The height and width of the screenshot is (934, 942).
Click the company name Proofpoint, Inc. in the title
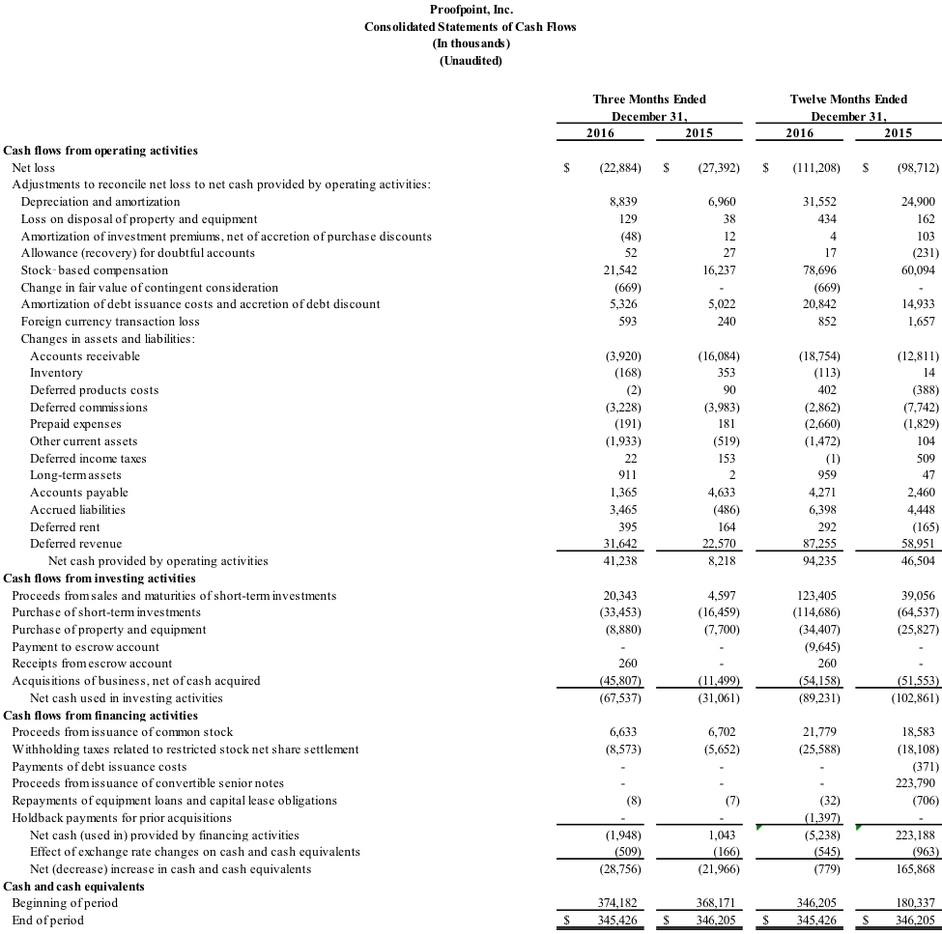pyautogui.click(x=471, y=10)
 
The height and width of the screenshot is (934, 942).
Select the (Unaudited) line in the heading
pyautogui.click(x=471, y=61)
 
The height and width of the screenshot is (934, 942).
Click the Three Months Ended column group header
pyautogui.click(x=649, y=99)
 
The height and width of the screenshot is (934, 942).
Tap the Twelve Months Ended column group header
pyautogui.click(x=848, y=99)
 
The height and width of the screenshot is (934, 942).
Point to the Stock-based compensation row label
pyautogui.click(x=95, y=270)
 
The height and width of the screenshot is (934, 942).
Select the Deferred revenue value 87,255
pyautogui.click(x=819, y=544)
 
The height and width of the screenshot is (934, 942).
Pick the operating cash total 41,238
pyautogui.click(x=620, y=561)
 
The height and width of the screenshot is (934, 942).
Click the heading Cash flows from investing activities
pyautogui.click(x=100, y=579)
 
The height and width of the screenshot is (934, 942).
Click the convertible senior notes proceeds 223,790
pyautogui.click(x=916, y=783)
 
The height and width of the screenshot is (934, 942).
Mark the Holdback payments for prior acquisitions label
pyautogui.click(x=122, y=818)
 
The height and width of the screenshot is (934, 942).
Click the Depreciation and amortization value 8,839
pyautogui.click(x=623, y=202)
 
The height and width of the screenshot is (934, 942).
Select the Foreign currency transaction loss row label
pyautogui.click(x=110, y=322)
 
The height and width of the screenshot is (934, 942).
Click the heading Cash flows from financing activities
pyautogui.click(x=100, y=716)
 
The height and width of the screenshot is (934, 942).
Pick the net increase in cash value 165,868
pyautogui.click(x=916, y=869)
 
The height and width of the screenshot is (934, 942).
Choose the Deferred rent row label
pyautogui.click(x=65, y=526)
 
